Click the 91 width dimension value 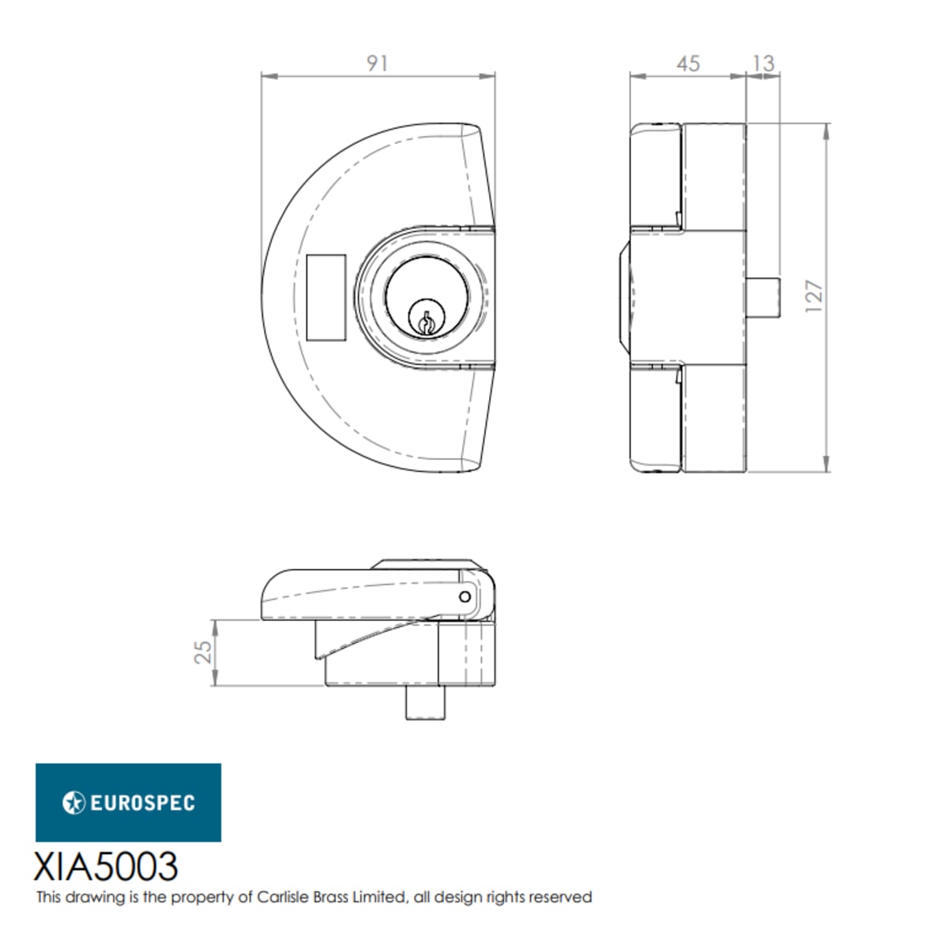coord(378,63)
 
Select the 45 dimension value coord(688,64)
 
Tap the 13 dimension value coord(764,63)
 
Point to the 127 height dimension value coord(814,295)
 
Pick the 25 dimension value coord(203,652)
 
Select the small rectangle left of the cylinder coord(326,297)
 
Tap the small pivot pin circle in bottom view coord(465,596)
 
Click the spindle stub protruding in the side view coord(763,297)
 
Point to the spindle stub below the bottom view coord(426,702)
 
